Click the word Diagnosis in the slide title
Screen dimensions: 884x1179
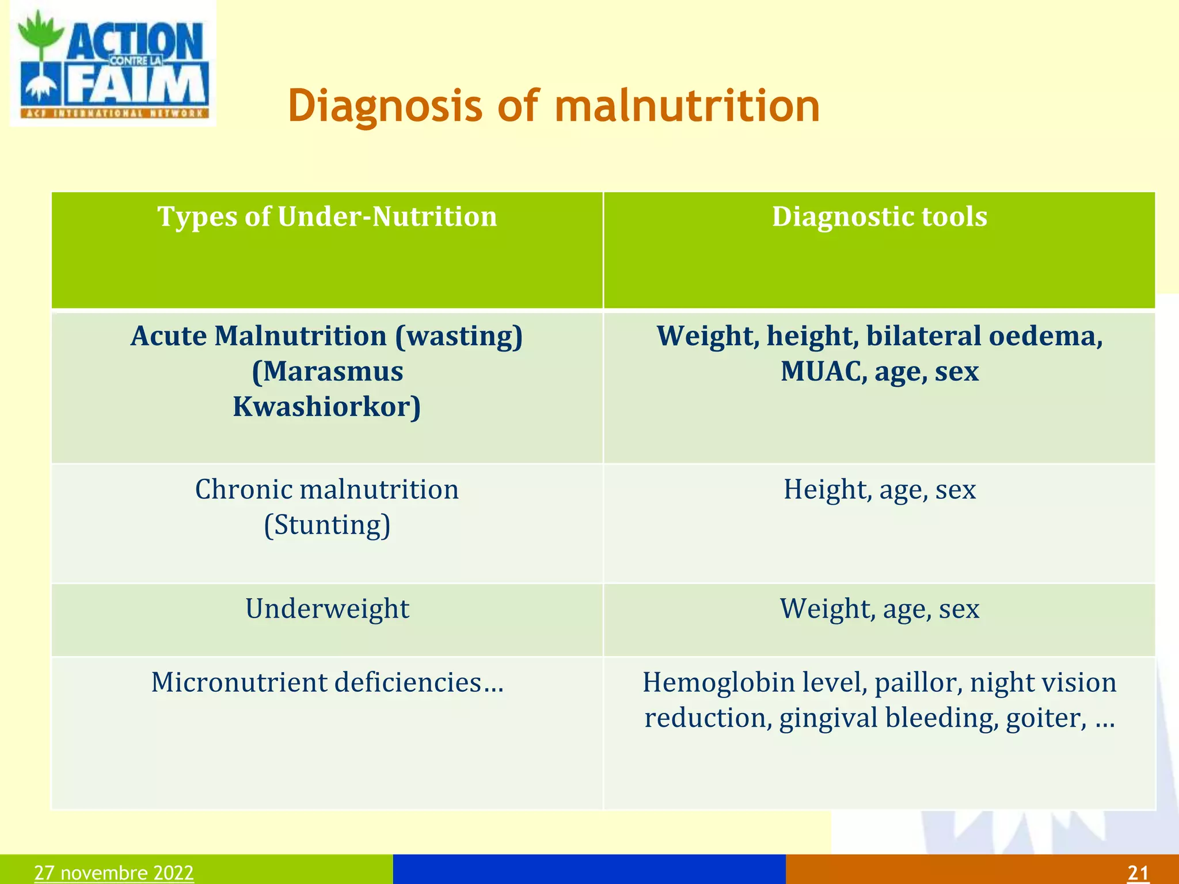[385, 106]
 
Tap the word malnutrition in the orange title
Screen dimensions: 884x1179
[687, 106]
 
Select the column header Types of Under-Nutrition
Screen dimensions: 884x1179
[327, 217]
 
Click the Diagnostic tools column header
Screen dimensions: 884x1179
[879, 217]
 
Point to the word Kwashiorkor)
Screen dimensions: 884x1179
[327, 407]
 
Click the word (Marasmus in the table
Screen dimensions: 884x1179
[327, 371]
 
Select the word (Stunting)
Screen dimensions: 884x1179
[327, 525]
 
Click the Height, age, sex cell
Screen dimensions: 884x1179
[879, 490]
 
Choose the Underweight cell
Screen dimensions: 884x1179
[327, 609]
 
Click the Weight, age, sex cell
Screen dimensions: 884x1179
[879, 609]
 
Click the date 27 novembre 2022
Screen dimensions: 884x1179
[114, 872]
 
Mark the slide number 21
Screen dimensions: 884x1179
[1138, 872]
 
